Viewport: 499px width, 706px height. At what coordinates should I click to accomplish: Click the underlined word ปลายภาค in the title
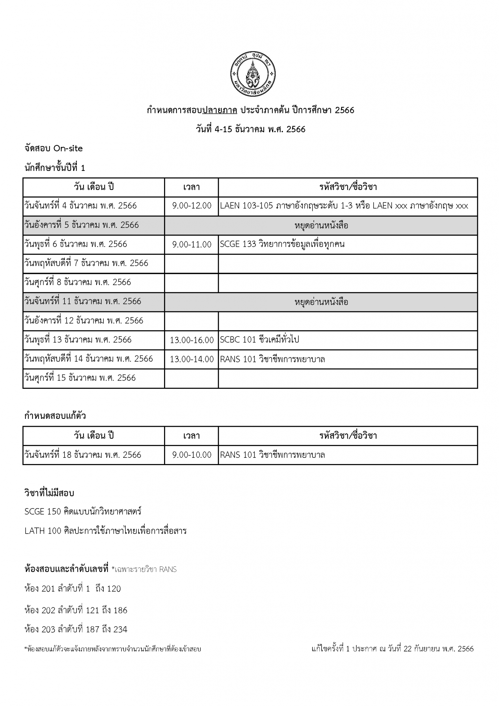click(220, 110)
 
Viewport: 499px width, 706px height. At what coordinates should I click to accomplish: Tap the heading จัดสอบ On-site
click(54, 149)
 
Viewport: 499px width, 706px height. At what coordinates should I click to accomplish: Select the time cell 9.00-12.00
click(192, 206)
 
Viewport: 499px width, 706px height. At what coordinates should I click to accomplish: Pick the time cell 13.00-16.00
click(192, 340)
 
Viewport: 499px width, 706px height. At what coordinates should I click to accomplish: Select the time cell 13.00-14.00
click(192, 359)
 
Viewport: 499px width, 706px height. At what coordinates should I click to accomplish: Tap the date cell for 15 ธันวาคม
click(80, 378)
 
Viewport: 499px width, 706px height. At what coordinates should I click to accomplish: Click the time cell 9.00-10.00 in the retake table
click(192, 455)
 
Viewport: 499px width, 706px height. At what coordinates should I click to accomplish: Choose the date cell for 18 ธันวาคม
click(83, 455)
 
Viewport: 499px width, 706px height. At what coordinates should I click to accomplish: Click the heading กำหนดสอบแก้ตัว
click(55, 416)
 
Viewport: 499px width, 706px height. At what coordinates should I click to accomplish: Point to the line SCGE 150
click(83, 512)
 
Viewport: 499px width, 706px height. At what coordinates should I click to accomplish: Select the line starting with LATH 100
click(105, 531)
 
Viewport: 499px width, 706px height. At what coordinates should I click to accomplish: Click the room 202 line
click(76, 610)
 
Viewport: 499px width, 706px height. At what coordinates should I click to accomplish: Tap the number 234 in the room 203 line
click(120, 629)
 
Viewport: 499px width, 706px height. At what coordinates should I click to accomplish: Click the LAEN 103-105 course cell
click(344, 206)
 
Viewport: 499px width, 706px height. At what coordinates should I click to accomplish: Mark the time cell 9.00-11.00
click(192, 245)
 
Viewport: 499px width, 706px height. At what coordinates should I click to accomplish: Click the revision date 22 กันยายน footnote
click(393, 649)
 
